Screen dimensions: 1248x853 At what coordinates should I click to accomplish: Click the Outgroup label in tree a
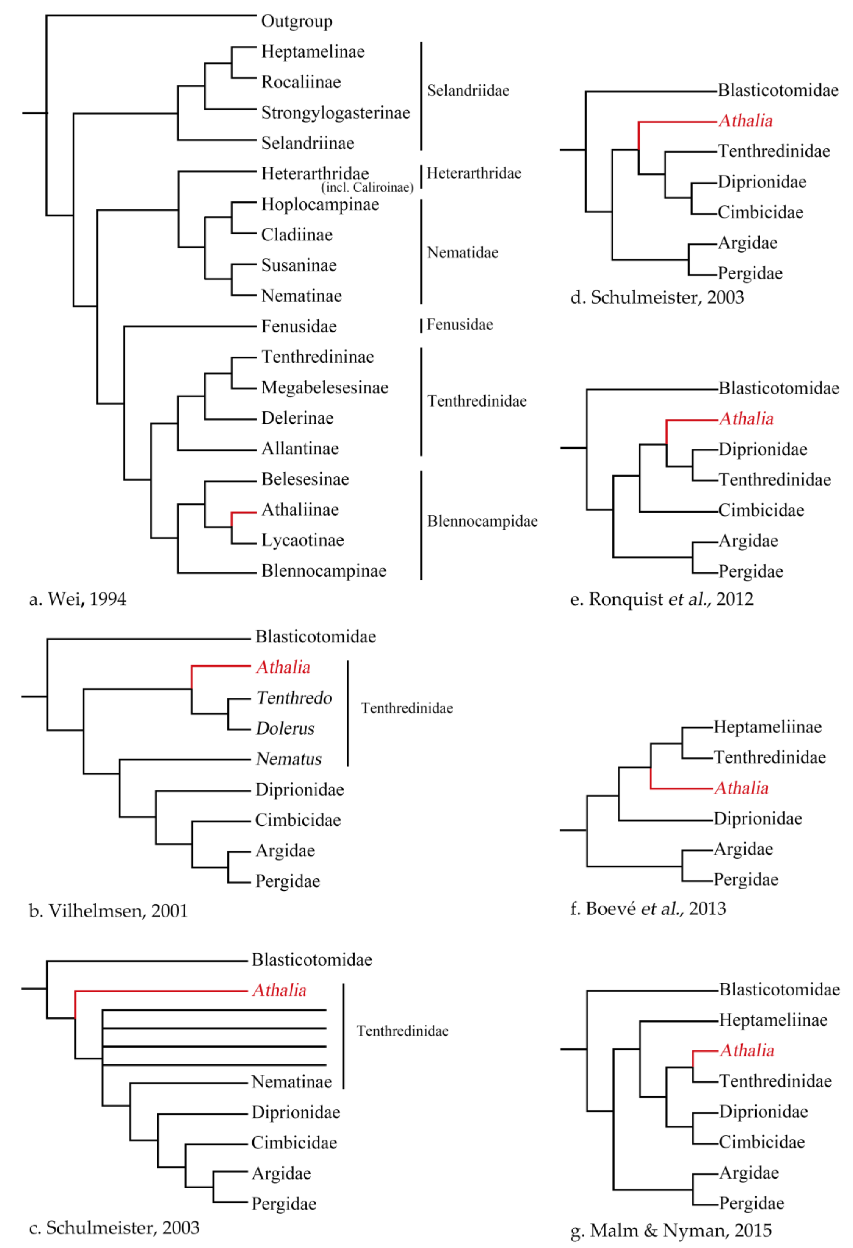click(x=296, y=21)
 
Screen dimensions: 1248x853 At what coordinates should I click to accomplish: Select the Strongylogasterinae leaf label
click(x=335, y=113)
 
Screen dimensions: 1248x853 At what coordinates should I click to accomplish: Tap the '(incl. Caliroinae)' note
click(x=367, y=187)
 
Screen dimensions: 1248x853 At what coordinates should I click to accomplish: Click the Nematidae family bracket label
click(x=462, y=252)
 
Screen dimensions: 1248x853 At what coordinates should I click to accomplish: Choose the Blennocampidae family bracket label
click(x=482, y=521)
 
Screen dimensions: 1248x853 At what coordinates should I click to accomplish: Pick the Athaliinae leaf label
click(x=300, y=510)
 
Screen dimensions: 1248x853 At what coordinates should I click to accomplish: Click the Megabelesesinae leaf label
click(x=325, y=388)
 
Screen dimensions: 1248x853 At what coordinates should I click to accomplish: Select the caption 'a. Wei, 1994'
click(x=77, y=599)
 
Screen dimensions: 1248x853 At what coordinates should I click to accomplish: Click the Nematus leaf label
click(x=289, y=759)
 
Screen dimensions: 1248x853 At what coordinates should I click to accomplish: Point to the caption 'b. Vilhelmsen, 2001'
click(x=108, y=911)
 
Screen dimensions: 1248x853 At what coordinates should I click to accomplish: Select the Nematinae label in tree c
click(x=291, y=1082)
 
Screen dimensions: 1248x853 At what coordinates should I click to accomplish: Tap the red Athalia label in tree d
click(x=745, y=121)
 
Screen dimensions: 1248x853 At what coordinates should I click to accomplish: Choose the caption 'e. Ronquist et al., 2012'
click(x=661, y=599)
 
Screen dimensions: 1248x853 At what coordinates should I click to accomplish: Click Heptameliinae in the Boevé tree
click(x=767, y=727)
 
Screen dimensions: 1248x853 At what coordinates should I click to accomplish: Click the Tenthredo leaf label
click(x=294, y=698)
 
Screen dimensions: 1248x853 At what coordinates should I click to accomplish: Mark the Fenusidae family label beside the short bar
click(x=459, y=325)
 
